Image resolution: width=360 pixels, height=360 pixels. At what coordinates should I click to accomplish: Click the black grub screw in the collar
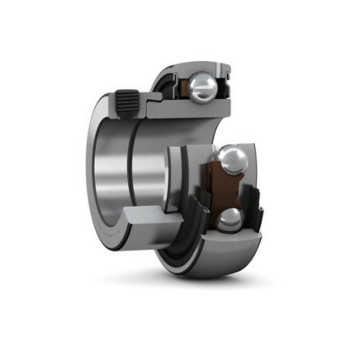pyautogui.click(x=127, y=103)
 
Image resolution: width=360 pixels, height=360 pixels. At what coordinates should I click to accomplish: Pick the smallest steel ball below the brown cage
pyautogui.click(x=228, y=221)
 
